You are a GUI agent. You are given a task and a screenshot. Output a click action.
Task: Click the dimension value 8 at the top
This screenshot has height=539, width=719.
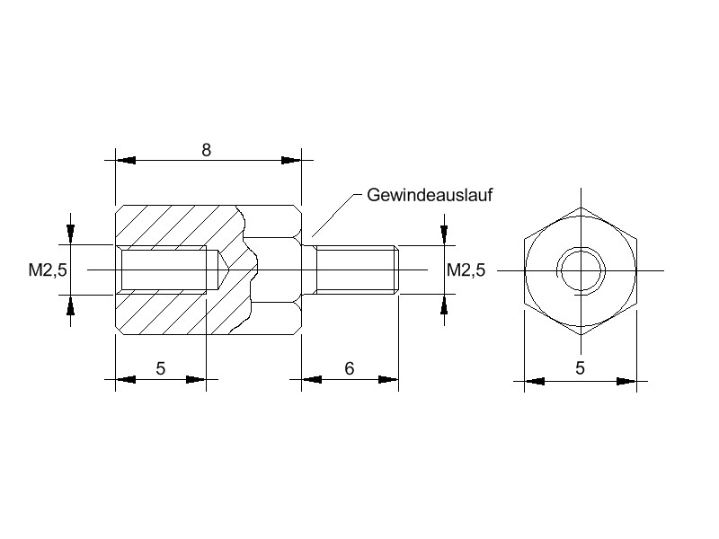[x=206, y=150]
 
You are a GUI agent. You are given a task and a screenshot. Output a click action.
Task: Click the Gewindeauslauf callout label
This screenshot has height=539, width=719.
[x=431, y=195]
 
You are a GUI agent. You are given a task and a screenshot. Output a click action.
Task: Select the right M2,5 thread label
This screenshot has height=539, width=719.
[x=466, y=269]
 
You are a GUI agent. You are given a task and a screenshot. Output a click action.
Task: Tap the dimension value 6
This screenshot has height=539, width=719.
[x=350, y=368]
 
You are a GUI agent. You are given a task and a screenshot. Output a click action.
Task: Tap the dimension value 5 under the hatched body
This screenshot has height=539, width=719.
[x=160, y=368]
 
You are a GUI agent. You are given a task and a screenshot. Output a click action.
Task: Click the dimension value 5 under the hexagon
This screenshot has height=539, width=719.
[x=580, y=368]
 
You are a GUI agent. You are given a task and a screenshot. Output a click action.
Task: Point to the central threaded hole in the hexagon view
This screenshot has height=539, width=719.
[x=580, y=269]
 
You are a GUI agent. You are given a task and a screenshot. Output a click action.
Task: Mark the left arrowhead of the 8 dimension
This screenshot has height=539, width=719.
[x=125, y=161]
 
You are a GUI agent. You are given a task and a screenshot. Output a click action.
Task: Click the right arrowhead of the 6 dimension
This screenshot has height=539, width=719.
[x=388, y=380]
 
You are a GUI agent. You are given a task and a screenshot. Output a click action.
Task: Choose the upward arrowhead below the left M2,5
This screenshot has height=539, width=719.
[x=70, y=305]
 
